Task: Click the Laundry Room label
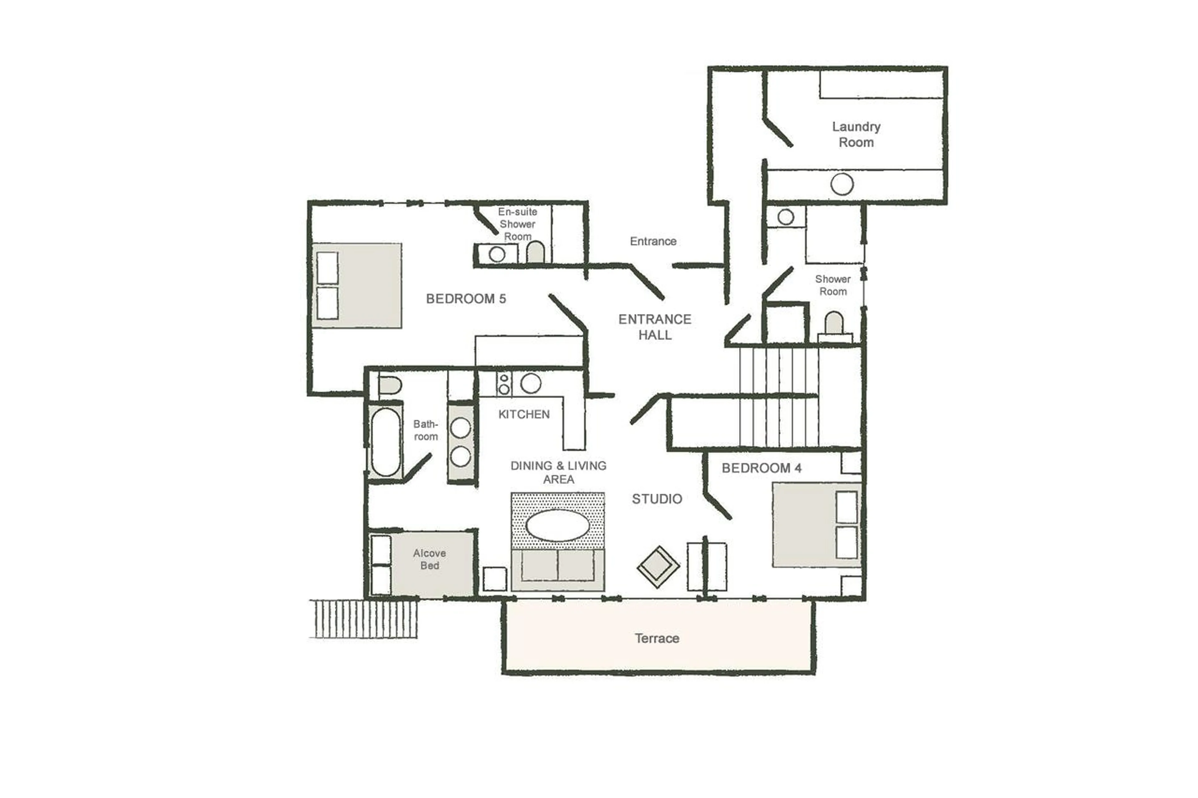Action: pyautogui.click(x=855, y=134)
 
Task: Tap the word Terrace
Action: pyautogui.click(x=656, y=638)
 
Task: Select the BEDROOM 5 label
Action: pyautogui.click(x=466, y=299)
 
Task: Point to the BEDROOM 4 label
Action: pyautogui.click(x=761, y=468)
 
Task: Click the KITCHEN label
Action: pyautogui.click(x=524, y=414)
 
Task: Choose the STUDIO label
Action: pyautogui.click(x=657, y=499)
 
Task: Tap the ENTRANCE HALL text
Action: pyautogui.click(x=655, y=327)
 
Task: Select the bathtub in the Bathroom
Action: pyautogui.click(x=385, y=441)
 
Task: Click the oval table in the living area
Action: pyautogui.click(x=558, y=525)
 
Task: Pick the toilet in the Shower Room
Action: pyautogui.click(x=834, y=324)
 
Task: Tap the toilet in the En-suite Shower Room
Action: pyautogui.click(x=535, y=252)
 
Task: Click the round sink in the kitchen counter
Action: pyautogui.click(x=531, y=383)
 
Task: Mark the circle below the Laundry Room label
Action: pyautogui.click(x=842, y=184)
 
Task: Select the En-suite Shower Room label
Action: pyautogui.click(x=517, y=224)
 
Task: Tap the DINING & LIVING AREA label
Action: pyautogui.click(x=558, y=472)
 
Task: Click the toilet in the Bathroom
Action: pyautogui.click(x=389, y=385)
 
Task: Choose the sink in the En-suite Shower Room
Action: pyautogui.click(x=497, y=254)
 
